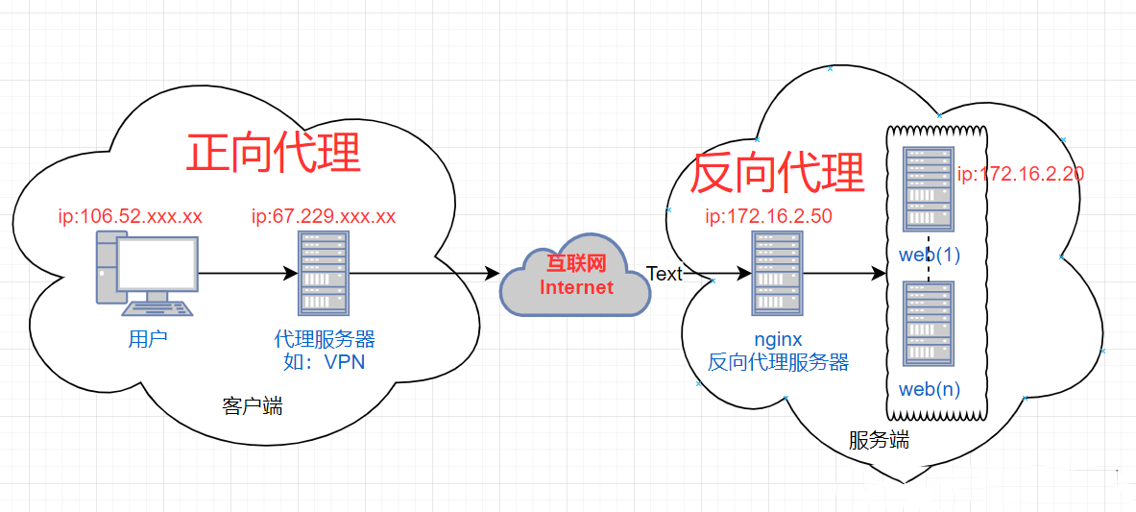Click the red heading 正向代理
pos(274,152)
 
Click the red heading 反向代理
pos(778,173)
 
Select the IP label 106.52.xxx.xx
pos(132,216)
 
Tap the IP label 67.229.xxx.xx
pos(324,216)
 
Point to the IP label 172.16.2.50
pos(768,216)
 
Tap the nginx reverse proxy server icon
pos(777,274)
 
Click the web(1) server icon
pos(929,190)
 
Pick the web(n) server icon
pos(929,324)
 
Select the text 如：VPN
pos(325,362)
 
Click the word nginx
pos(778,340)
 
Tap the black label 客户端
pos(253,406)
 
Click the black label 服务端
pos(879,441)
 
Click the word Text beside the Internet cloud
pos(664,274)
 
